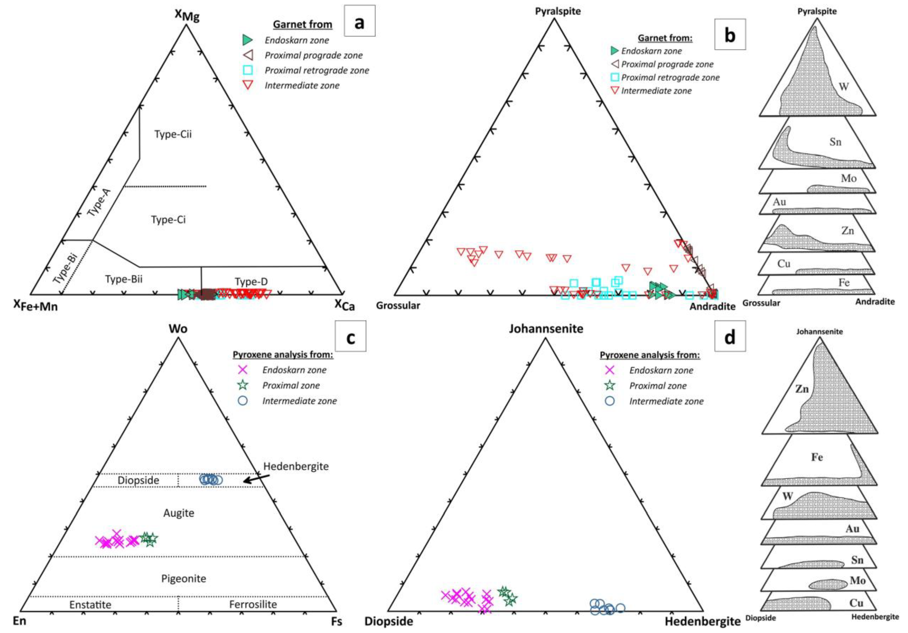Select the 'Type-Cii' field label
tap(173, 134)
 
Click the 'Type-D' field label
tap(251, 282)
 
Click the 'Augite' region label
tap(179, 513)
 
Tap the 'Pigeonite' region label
tap(183, 579)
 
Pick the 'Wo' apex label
tap(178, 329)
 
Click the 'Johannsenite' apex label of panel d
tap(546, 329)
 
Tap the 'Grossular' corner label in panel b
tap(398, 305)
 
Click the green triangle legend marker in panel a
tap(247, 40)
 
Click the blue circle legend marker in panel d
tap(610, 401)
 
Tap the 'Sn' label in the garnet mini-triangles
tap(835, 142)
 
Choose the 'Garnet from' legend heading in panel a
tap(303, 25)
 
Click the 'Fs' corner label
tap(336, 621)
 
